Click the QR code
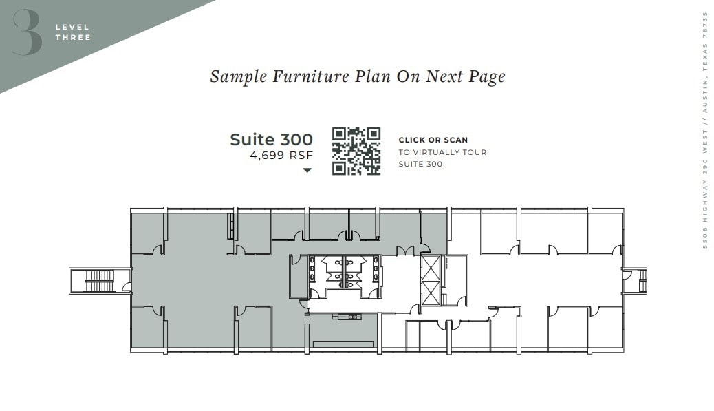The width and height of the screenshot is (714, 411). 356,151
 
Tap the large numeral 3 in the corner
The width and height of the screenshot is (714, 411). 27,32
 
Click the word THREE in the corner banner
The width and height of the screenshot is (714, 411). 72,37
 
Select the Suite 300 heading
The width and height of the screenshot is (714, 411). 271,140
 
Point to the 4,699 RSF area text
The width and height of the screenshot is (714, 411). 281,156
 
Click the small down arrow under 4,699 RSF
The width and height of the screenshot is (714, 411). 307,170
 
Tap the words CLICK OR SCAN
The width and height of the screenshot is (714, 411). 433,140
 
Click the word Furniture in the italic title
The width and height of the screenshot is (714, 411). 310,76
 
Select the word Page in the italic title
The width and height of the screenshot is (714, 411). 487,76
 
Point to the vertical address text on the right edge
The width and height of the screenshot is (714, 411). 704,130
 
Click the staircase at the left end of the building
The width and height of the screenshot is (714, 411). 99,280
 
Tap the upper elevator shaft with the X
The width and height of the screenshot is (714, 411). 431,267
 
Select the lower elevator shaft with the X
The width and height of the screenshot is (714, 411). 431,293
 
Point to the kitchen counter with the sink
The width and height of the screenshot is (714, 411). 347,317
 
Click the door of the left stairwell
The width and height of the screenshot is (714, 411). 126,286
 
